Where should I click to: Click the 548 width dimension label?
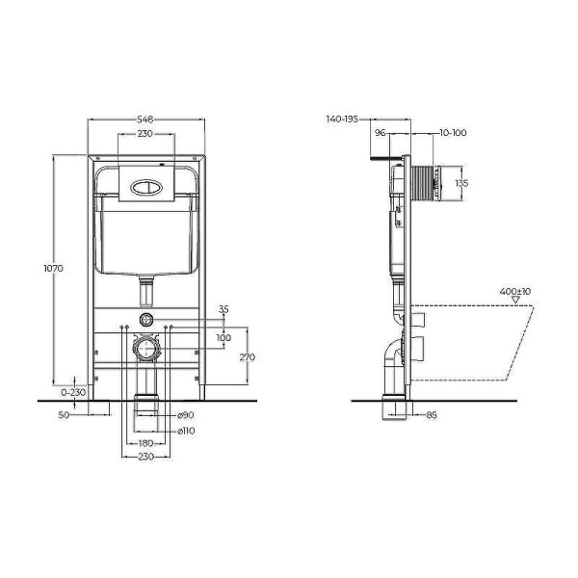click(x=145, y=119)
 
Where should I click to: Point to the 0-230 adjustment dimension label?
click(x=74, y=392)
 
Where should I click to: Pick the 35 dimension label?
click(x=223, y=310)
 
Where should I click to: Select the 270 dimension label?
click(x=248, y=355)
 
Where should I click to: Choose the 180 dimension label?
click(x=145, y=443)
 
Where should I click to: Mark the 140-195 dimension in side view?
click(x=342, y=118)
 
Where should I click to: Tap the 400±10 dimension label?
click(x=515, y=291)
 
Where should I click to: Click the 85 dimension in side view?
click(x=432, y=415)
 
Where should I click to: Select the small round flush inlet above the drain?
click(x=145, y=318)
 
